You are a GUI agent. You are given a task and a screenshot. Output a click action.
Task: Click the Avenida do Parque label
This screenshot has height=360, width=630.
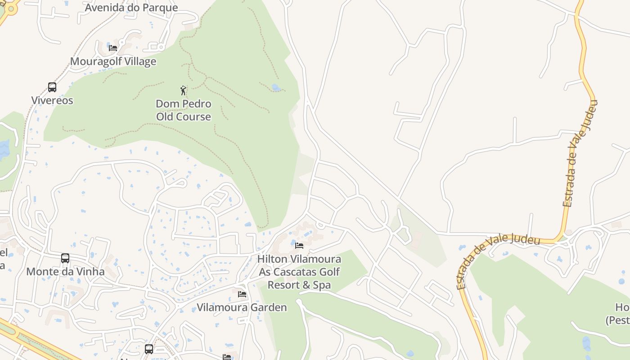click(131, 8)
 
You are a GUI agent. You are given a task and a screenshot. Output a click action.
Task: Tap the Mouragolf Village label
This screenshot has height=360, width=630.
click(113, 61)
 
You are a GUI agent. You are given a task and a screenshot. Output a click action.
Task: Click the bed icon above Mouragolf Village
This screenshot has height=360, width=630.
click(113, 48)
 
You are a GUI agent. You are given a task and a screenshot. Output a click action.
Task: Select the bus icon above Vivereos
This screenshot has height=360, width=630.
click(52, 87)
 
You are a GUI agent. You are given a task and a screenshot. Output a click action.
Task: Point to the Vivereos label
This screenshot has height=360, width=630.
click(52, 100)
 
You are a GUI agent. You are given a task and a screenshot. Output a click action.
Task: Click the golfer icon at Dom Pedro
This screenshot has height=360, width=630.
click(183, 90)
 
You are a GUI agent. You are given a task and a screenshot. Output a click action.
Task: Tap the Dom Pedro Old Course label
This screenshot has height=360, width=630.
click(184, 110)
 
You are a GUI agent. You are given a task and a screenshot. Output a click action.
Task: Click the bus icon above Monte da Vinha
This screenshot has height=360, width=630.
click(65, 258)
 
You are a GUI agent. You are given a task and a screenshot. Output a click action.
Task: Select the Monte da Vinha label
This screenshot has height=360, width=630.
click(65, 272)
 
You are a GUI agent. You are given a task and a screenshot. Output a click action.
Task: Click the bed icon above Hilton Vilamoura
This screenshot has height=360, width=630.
click(299, 246)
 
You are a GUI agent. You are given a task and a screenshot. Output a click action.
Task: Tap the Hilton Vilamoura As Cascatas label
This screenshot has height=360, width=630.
click(299, 272)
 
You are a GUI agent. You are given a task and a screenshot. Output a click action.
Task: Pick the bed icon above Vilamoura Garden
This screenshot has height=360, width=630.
click(242, 294)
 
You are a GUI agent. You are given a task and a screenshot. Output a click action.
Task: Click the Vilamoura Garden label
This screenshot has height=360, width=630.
click(242, 308)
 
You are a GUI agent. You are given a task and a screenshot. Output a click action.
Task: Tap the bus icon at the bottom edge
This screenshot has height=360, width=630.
click(149, 349)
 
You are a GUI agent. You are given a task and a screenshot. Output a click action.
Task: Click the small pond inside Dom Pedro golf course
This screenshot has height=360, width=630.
click(276, 88)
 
